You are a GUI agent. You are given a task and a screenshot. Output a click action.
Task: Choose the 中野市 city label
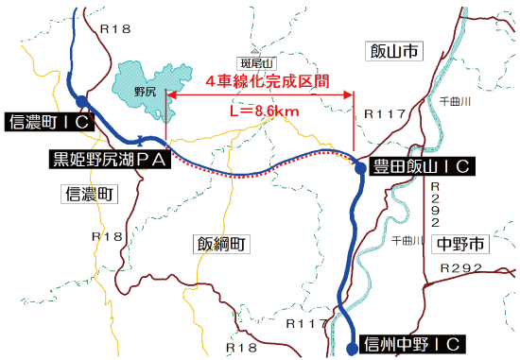pos(461,245)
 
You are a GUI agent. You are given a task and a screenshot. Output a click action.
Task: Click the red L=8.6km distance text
pos(264,111)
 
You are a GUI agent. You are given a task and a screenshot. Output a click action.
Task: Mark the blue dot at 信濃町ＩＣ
pos(82,100)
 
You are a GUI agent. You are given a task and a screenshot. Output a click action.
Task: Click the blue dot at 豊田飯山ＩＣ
pos(360,167)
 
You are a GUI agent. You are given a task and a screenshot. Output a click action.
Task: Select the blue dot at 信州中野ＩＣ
pos(352,343)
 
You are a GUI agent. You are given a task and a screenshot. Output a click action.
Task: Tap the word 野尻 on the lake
pos(145,92)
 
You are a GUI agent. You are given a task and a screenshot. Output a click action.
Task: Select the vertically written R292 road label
pos(436,207)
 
